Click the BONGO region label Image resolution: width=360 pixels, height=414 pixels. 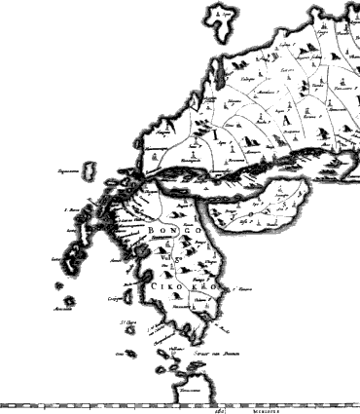175,230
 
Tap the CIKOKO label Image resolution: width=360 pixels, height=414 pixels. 175,288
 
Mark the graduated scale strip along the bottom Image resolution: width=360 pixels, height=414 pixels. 97,405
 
